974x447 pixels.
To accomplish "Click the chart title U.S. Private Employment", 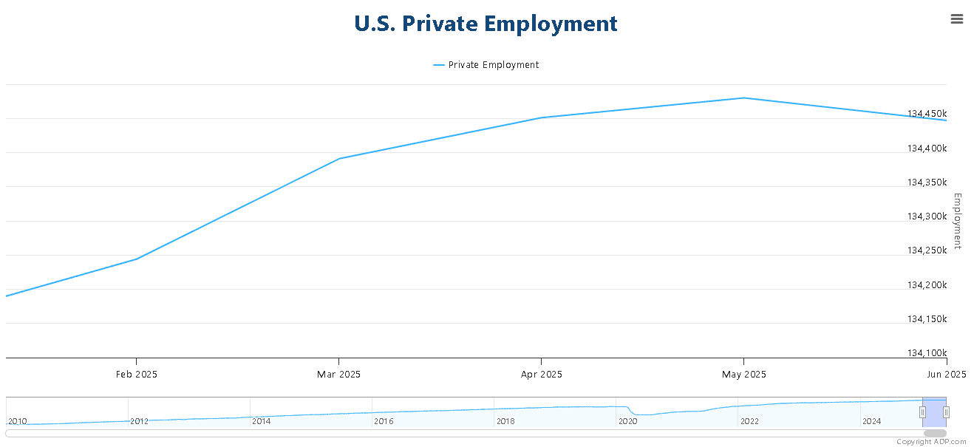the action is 486,24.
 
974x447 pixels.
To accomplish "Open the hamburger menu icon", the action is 956,18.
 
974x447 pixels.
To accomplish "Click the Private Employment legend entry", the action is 486,65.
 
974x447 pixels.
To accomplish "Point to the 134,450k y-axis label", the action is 927,114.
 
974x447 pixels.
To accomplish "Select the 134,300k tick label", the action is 927,216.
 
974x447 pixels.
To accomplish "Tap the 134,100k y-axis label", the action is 927,352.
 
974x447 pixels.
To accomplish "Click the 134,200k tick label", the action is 927,284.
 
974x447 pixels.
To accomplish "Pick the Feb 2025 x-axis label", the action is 137,375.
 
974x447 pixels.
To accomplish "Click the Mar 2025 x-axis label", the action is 338,375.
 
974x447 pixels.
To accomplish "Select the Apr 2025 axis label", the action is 542,375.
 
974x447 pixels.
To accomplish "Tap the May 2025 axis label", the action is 744,375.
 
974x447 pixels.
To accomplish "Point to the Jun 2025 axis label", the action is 946,375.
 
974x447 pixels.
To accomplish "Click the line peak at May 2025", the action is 744,98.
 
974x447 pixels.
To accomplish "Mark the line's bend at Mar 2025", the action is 339,158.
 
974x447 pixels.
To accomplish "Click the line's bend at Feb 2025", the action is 137,259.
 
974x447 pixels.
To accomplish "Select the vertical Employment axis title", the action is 958,221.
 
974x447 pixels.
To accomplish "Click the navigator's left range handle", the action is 923,412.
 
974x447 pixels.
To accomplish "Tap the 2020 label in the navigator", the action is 628,421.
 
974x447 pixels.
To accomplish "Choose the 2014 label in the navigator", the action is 262,421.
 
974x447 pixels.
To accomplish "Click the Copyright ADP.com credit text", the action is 931,442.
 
